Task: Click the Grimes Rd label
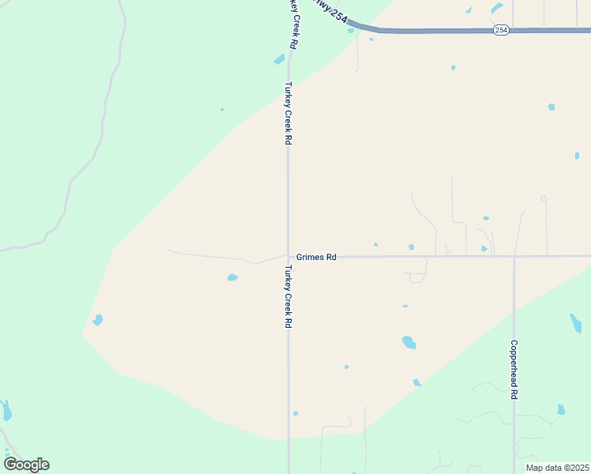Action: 317,257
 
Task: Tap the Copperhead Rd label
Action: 514,370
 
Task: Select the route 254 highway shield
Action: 501,30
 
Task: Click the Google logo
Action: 26,464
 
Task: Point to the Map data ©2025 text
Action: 558,468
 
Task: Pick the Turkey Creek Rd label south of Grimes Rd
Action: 288,296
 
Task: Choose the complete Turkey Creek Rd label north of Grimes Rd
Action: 288,113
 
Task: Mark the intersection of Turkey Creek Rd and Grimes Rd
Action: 288,256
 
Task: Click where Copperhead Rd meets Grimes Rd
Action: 514,256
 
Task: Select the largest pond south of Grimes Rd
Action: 408,342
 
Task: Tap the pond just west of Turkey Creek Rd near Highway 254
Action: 278,59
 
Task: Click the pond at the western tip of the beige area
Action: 97,320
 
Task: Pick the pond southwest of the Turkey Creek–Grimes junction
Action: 232,277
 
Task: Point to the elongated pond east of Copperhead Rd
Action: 575,323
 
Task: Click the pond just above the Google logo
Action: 6,410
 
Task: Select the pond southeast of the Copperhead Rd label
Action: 560,409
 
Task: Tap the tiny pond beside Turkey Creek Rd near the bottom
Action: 295,413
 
